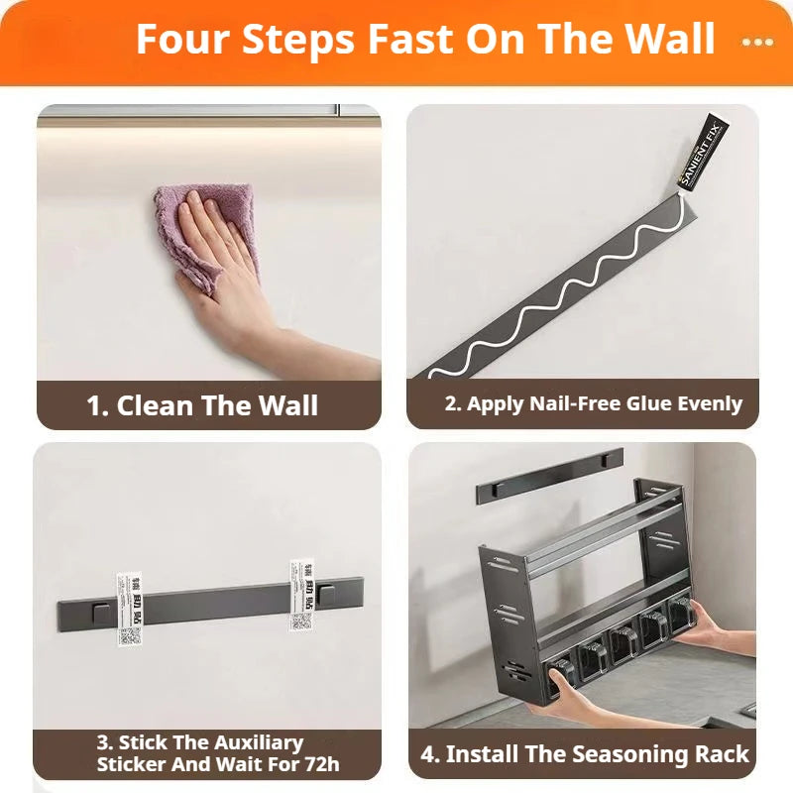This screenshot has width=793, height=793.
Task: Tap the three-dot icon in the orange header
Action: click(757, 43)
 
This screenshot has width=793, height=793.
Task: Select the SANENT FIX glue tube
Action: click(702, 155)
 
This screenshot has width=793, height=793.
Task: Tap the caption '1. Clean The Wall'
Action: click(202, 405)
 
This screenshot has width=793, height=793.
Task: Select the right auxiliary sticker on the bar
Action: click(301, 595)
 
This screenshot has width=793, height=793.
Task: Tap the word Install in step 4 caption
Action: click(480, 754)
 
